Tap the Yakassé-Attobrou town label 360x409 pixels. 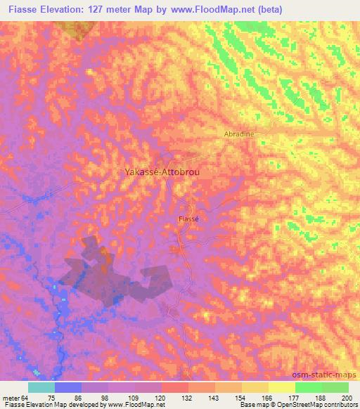tap(156, 171)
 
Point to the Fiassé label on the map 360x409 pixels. tap(188, 219)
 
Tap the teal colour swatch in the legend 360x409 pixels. tap(41, 387)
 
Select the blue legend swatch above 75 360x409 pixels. tap(68, 387)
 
